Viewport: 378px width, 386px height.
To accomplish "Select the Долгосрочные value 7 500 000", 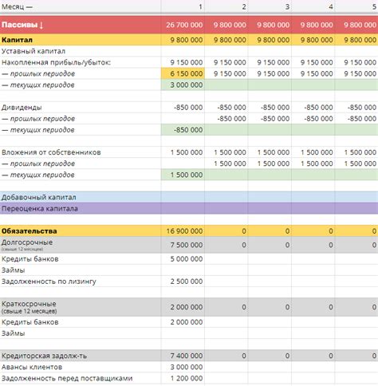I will [x=186, y=245].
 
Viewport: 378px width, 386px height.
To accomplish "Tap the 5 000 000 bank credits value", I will [x=186, y=258].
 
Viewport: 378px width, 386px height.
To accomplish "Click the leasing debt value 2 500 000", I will [x=186, y=282].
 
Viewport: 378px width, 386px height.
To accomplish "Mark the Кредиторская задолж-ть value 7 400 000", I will [x=186, y=354].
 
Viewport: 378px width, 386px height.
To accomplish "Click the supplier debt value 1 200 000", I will [x=186, y=378].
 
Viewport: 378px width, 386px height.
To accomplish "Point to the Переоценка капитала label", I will [x=40, y=209].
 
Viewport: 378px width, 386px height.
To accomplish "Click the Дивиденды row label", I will [x=22, y=106].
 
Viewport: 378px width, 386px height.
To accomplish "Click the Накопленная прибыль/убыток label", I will [x=56, y=61].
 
